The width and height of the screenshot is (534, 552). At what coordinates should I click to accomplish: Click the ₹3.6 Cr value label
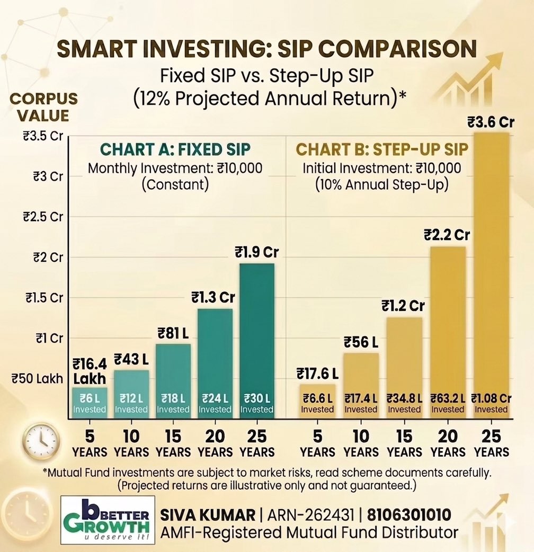click(491, 122)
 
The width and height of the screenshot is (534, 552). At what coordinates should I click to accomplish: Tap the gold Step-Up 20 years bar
click(448, 318)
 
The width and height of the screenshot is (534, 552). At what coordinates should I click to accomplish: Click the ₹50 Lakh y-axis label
click(37, 379)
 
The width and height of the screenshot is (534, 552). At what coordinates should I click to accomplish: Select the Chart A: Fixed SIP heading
click(175, 149)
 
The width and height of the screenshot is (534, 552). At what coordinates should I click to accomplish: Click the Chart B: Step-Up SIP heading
click(382, 149)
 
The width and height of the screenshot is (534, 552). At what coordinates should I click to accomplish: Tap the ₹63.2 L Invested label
click(448, 403)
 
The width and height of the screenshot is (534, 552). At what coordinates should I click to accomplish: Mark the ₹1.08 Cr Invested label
click(491, 403)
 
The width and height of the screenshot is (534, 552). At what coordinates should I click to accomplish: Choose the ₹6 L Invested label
click(90, 403)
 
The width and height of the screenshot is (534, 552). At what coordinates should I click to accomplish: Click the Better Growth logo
click(108, 520)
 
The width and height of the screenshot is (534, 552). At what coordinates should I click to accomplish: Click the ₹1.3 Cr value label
click(213, 297)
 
